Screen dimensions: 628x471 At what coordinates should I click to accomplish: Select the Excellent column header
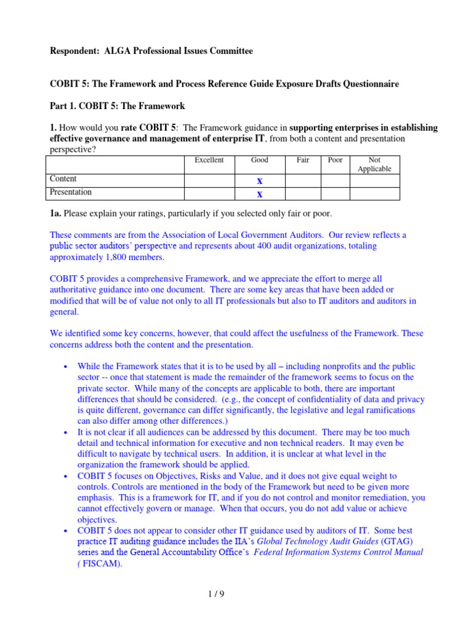pyautogui.click(x=209, y=160)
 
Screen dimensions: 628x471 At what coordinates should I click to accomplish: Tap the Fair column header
pyautogui.click(x=303, y=160)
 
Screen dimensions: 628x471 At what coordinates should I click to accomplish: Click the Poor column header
pyautogui.click(x=335, y=160)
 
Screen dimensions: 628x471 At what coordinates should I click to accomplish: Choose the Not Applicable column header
pyautogui.click(x=374, y=164)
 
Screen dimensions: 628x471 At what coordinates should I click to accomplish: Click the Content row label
pyautogui.click(x=63, y=179)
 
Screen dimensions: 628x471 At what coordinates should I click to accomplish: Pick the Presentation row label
pyautogui.click(x=71, y=192)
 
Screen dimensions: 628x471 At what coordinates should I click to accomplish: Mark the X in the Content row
pyautogui.click(x=259, y=181)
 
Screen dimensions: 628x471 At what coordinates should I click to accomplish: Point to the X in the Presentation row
pyautogui.click(x=259, y=194)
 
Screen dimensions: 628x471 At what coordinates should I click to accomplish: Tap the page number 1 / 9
pyautogui.click(x=235, y=594)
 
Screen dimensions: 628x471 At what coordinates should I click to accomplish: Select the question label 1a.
pyautogui.click(x=56, y=213)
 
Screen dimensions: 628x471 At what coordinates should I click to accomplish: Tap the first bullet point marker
pyautogui.click(x=66, y=367)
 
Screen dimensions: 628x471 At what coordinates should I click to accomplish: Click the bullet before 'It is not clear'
pyautogui.click(x=66, y=433)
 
